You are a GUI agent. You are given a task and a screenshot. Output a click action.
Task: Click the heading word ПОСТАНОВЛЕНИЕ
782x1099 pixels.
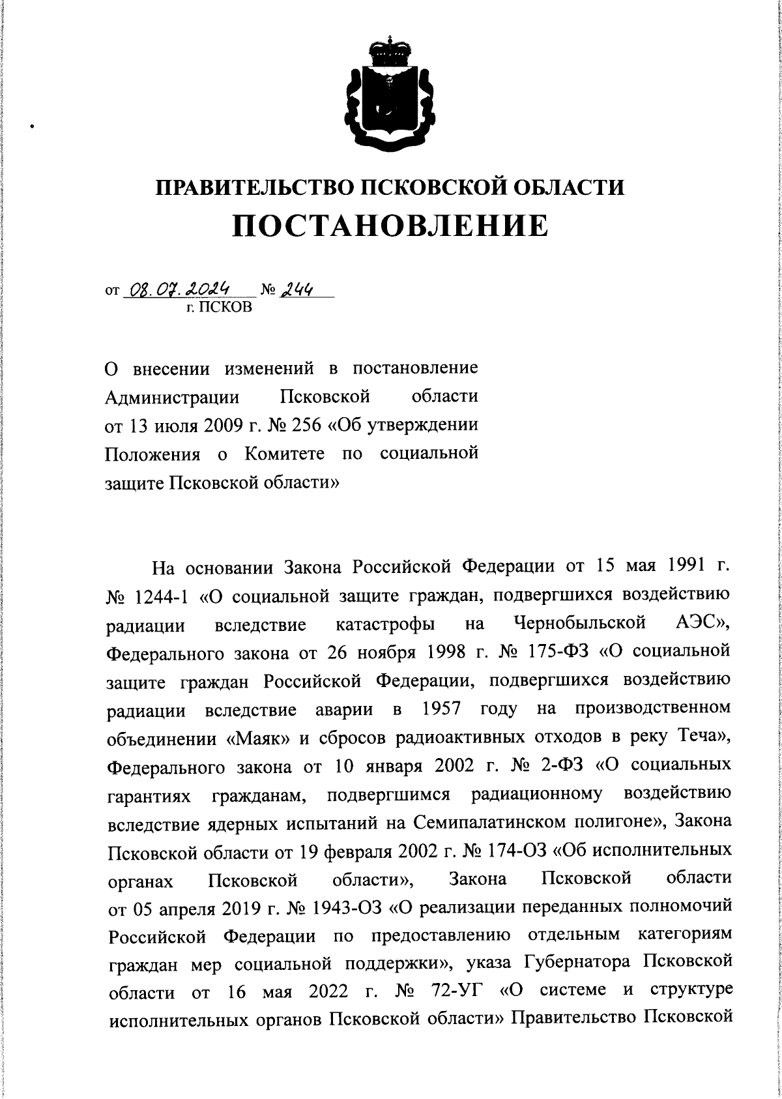pos(390,226)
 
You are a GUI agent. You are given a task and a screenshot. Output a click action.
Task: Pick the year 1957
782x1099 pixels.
pos(444,709)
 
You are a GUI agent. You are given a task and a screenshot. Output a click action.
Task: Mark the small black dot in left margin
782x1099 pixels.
pos(31,127)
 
